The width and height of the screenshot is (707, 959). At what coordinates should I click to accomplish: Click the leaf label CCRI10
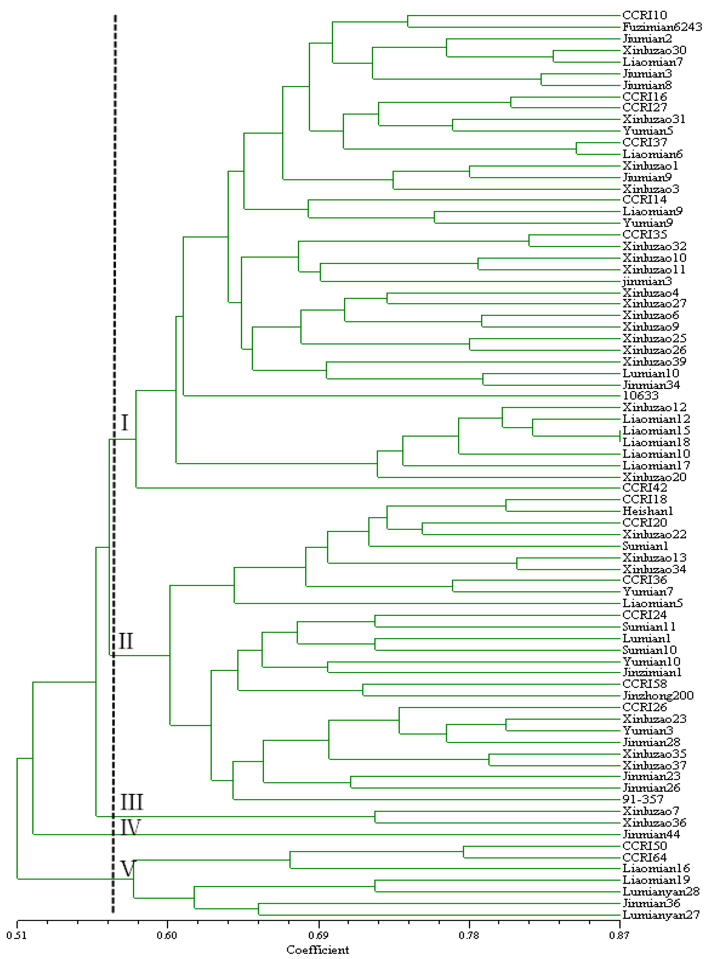[644, 15]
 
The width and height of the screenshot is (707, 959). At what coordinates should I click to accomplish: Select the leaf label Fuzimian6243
[662, 27]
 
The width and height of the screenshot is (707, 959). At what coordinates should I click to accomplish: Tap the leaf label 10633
[640, 396]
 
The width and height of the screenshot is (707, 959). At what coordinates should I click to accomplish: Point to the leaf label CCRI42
[644, 488]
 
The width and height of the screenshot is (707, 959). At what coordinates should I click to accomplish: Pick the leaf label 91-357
[643, 800]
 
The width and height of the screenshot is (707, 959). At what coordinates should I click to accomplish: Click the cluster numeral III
[131, 802]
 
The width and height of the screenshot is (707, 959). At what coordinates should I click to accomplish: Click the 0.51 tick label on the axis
[16, 936]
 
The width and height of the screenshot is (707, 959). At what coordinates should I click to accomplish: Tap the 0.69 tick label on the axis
[318, 936]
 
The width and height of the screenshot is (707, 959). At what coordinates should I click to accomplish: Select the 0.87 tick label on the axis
[619, 936]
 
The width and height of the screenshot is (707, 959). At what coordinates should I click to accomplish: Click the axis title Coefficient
[318, 950]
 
